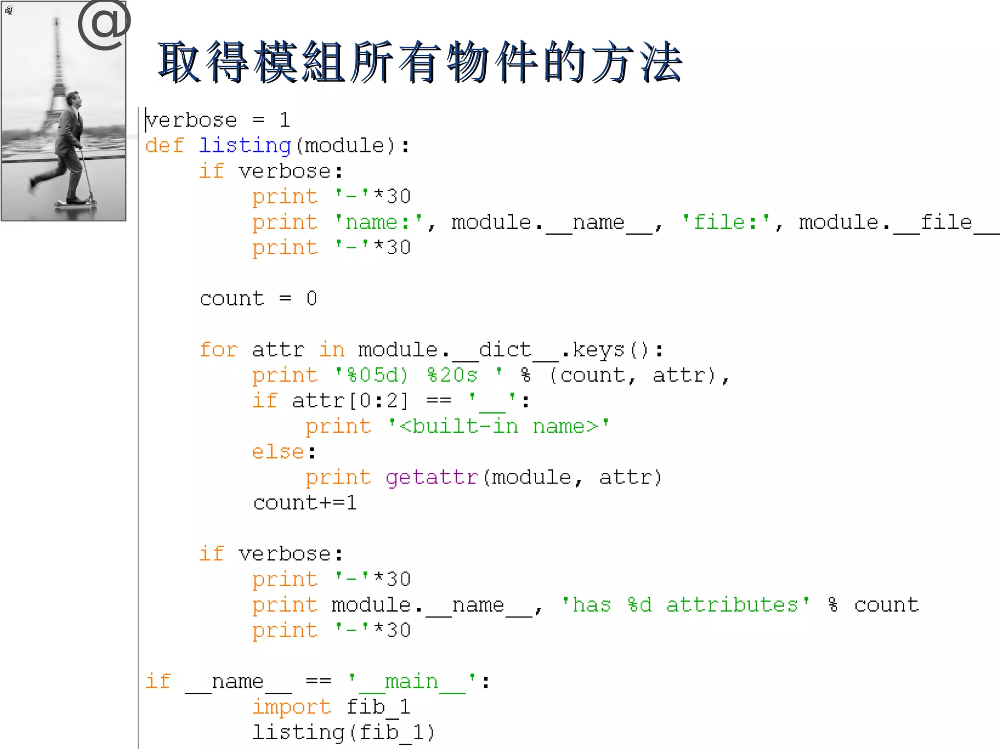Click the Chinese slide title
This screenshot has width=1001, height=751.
tap(420, 62)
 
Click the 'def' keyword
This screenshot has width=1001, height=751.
tap(164, 146)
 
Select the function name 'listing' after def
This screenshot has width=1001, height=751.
tap(245, 146)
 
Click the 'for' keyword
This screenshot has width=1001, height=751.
tap(218, 350)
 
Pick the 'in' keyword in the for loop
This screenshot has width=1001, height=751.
tap(332, 350)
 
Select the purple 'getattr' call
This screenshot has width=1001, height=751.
tap(432, 478)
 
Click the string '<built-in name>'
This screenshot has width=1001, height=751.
tap(499, 426)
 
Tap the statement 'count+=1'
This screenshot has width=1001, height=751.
tap(305, 503)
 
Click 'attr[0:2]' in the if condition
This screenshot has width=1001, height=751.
tap(349, 401)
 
